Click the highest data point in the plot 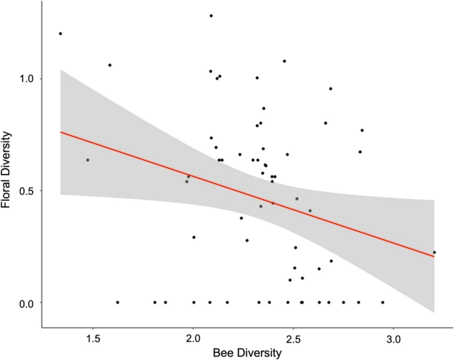coord(211,15)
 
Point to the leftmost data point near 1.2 coord(60,33)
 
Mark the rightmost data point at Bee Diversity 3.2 coord(434,252)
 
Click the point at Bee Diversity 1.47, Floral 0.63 coord(87,160)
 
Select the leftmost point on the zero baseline coord(117,302)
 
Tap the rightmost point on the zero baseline coord(382,302)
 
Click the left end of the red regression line coord(61,132)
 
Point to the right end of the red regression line coord(434,256)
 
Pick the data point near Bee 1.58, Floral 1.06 coord(110,65)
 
